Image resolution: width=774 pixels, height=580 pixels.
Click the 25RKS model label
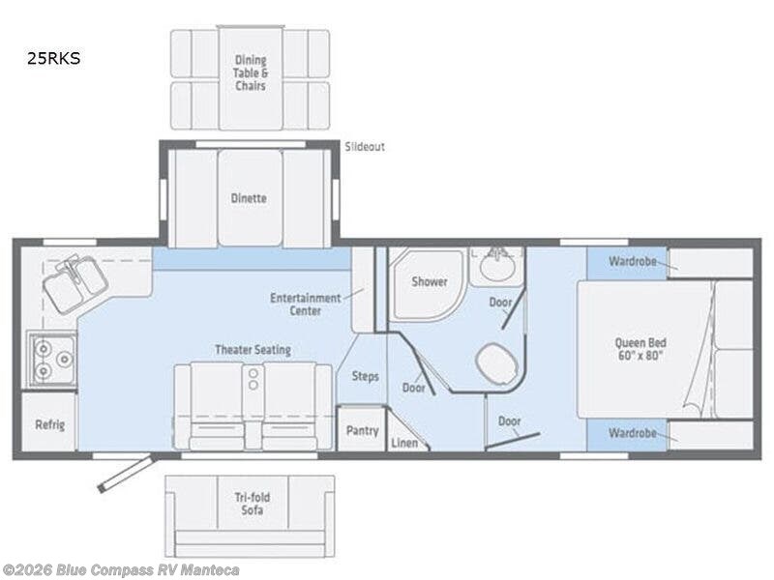(54, 58)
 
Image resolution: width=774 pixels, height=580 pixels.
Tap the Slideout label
(365, 147)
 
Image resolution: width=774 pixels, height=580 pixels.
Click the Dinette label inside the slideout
(250, 198)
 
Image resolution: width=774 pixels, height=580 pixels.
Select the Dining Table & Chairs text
(250, 72)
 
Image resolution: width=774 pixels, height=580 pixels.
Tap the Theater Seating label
(253, 349)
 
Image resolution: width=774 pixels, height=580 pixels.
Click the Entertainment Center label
(305, 304)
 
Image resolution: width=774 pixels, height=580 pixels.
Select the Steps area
(365, 376)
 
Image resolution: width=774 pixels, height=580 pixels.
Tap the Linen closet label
(403, 443)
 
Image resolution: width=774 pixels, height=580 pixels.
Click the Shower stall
(429, 282)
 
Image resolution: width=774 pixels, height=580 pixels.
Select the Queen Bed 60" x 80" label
(640, 349)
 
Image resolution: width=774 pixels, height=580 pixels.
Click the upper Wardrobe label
(626, 262)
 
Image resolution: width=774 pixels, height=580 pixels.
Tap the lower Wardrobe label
(626, 433)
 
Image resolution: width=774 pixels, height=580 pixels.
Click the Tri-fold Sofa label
(250, 504)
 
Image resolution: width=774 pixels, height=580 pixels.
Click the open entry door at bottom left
(126, 474)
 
